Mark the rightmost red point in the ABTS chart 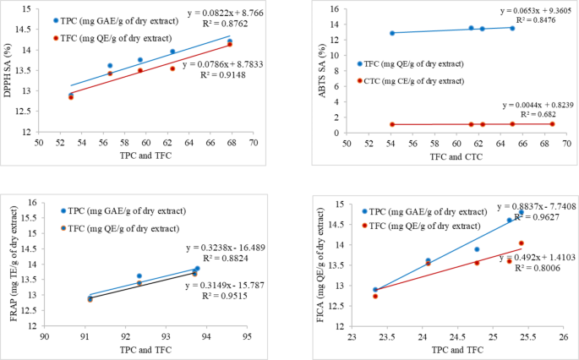pos(552,124)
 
